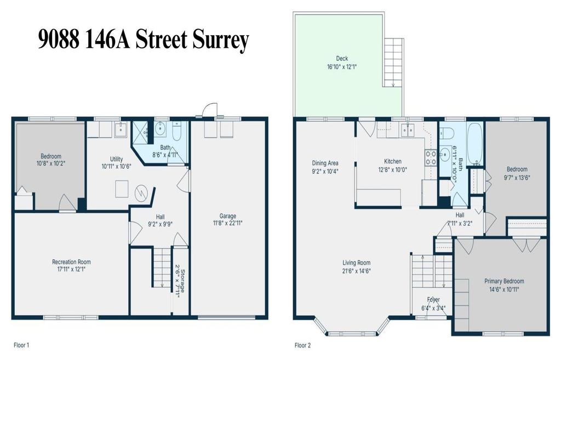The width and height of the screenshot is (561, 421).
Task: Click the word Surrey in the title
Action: click(221, 40)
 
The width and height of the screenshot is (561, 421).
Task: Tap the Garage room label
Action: click(227, 216)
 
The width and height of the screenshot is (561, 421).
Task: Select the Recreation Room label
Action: click(71, 261)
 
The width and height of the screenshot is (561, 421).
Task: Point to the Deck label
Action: click(342, 58)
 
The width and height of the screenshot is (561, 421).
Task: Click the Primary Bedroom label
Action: click(504, 281)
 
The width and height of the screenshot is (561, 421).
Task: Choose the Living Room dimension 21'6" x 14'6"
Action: click(356, 271)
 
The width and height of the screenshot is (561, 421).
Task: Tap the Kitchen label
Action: click(392, 162)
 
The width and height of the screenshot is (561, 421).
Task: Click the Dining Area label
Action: click(325, 163)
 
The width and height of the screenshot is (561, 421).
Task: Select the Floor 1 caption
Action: click(21, 345)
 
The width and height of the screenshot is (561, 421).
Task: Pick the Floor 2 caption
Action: click(302, 345)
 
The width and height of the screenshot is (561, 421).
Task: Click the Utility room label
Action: click(116, 159)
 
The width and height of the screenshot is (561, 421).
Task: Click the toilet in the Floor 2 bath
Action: click(448, 132)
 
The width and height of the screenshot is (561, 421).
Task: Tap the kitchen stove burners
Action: click(430, 157)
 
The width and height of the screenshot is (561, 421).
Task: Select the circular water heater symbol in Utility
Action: click(141, 194)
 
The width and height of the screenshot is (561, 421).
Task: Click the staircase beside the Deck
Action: click(393, 62)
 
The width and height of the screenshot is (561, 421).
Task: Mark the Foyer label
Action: click(433, 300)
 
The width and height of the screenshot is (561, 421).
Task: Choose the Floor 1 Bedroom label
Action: click(51, 156)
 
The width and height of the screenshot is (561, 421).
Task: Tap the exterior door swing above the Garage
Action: click(210, 110)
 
